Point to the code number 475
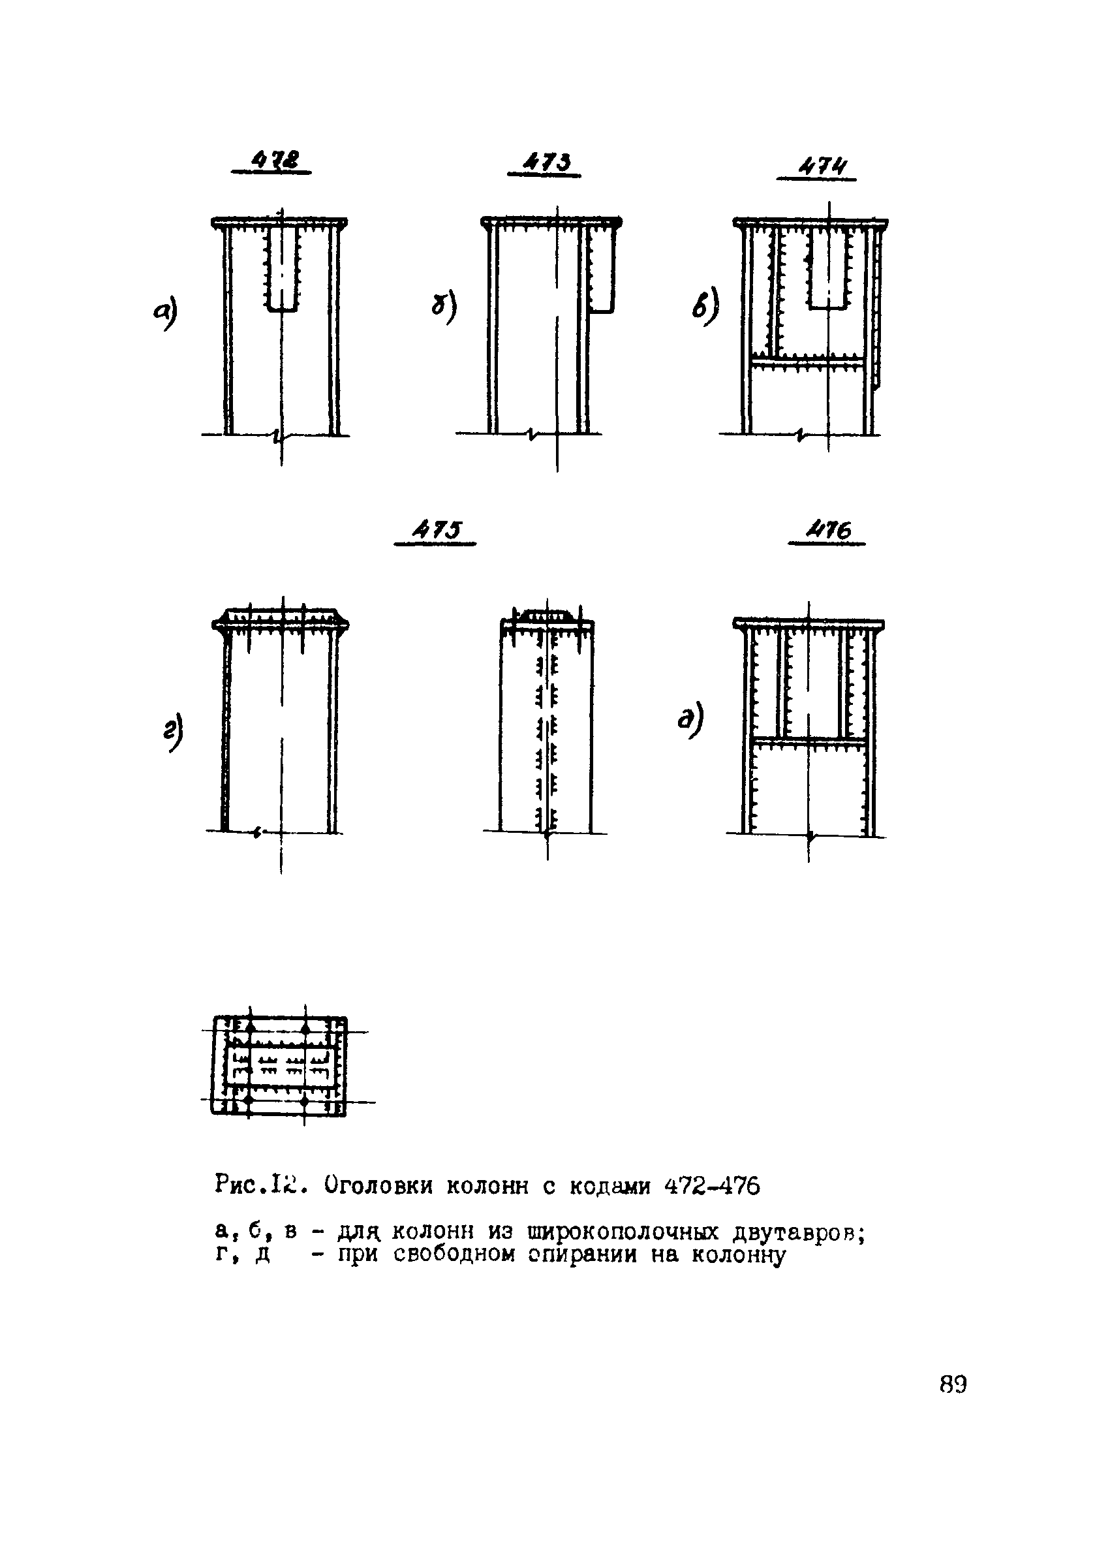click(x=438, y=531)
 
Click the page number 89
click(x=953, y=1384)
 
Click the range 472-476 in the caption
click(x=712, y=1185)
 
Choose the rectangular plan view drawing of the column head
click(x=279, y=1066)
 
